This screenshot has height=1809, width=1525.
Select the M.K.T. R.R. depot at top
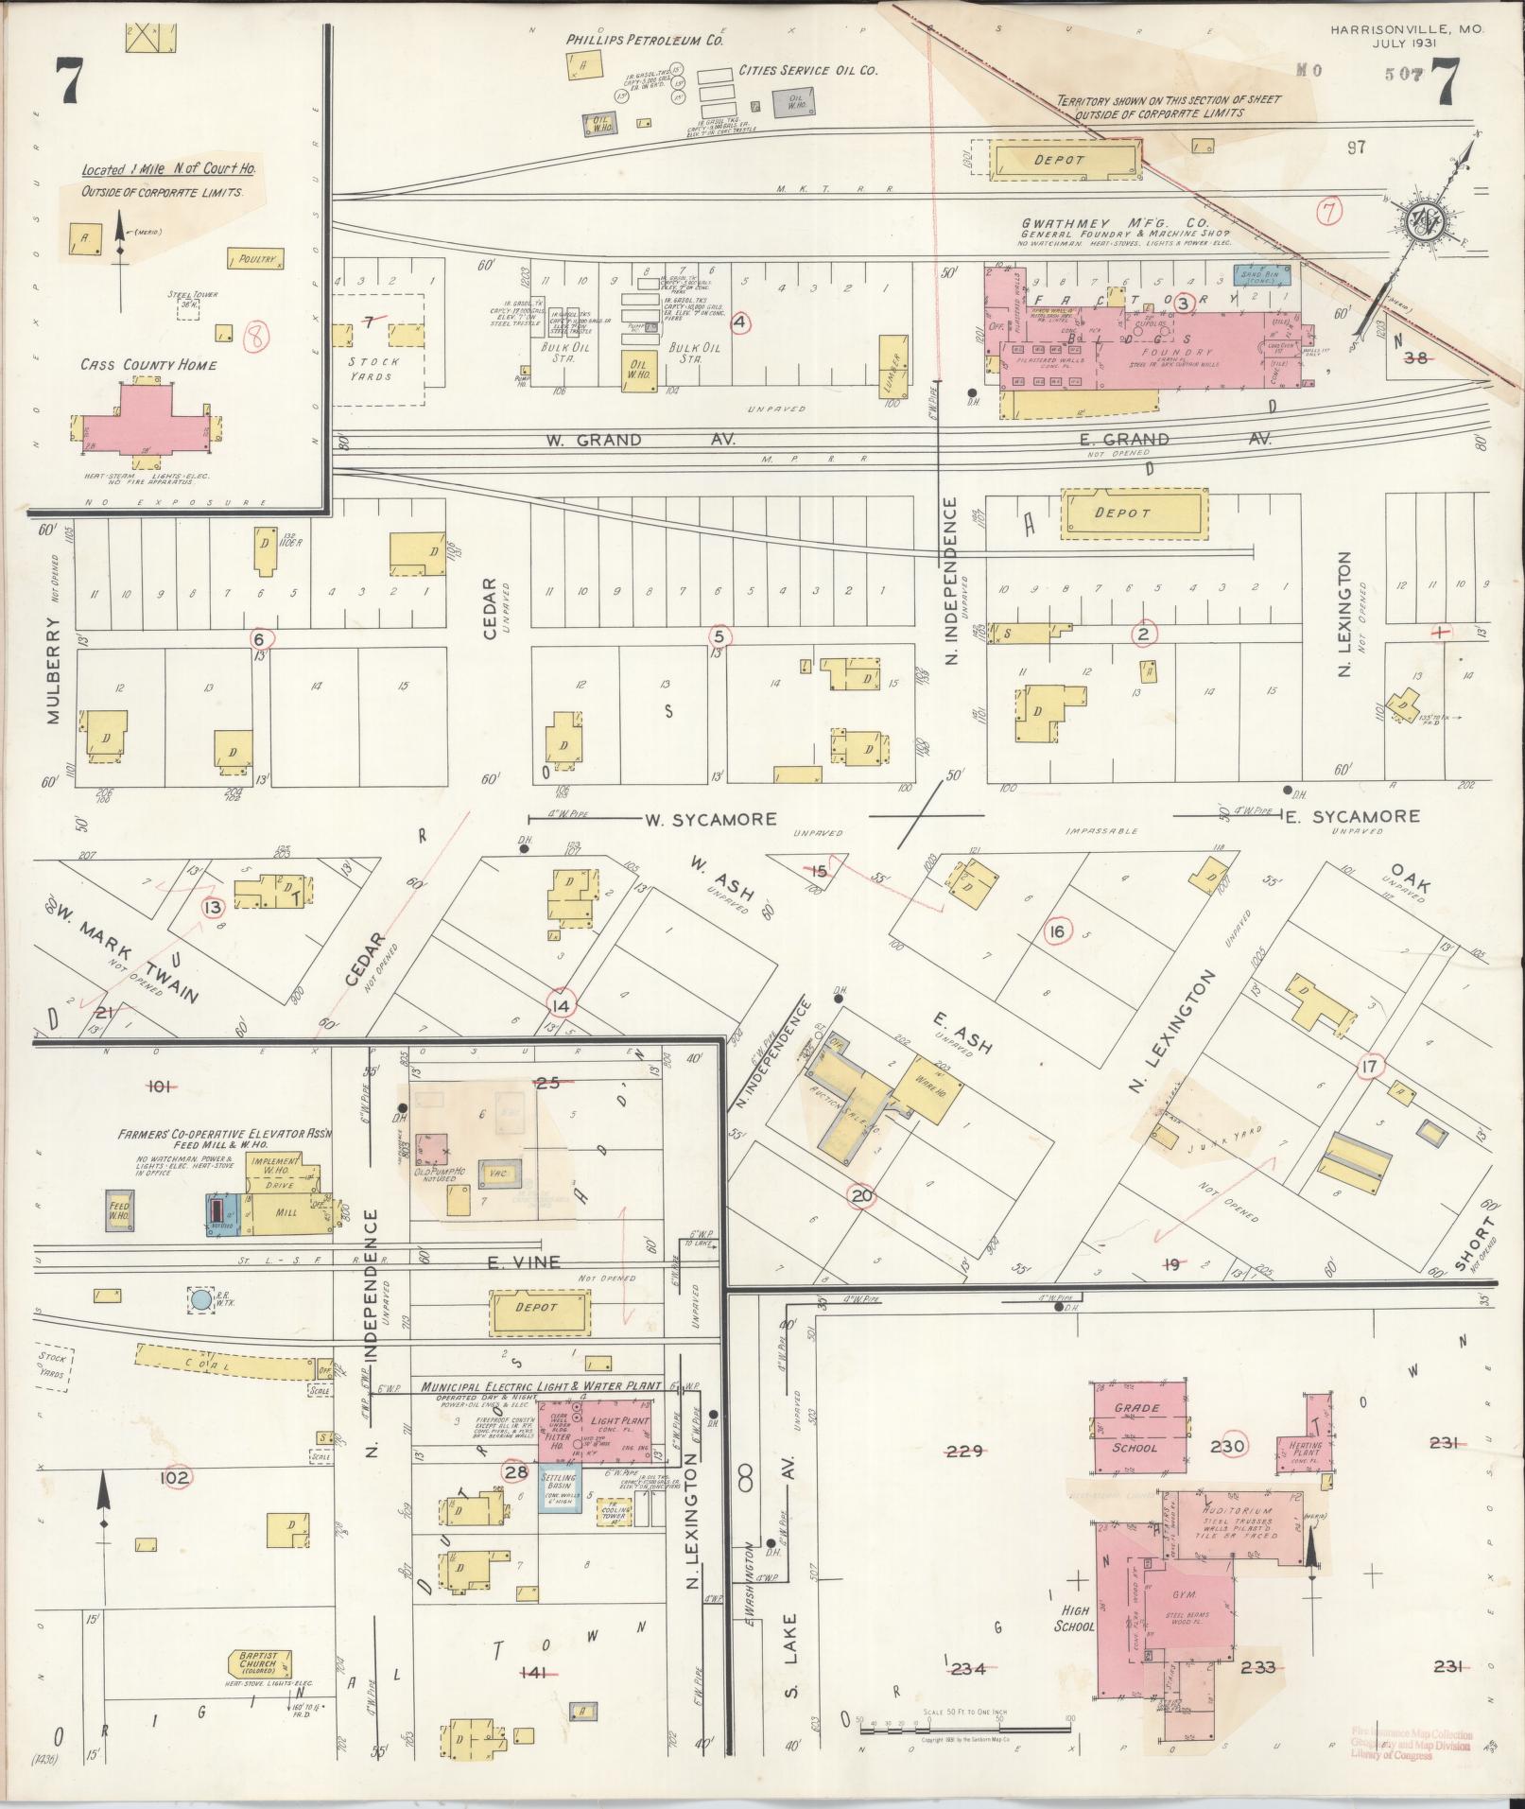pyautogui.click(x=1062, y=160)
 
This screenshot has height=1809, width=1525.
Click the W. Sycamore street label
pyautogui.click(x=711, y=819)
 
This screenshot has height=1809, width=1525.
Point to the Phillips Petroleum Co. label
pyautogui.click(x=645, y=41)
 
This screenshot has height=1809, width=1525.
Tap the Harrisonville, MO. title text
pyautogui.click(x=1406, y=30)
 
